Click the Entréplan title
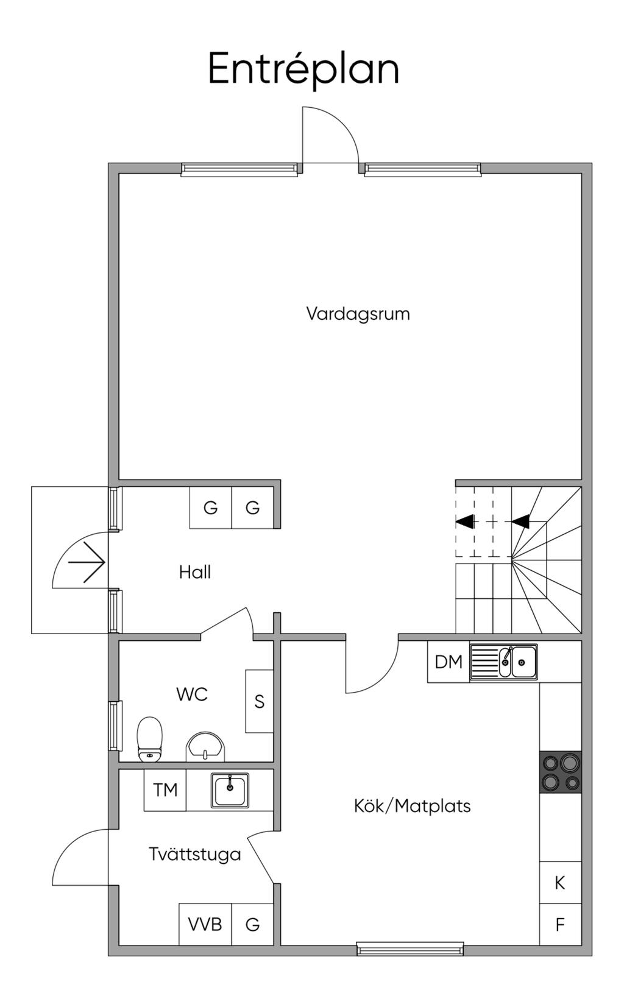[x=303, y=69]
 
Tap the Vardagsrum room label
[x=358, y=314]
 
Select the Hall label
[x=195, y=572]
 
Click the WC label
[x=192, y=694]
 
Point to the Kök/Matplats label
[x=412, y=806]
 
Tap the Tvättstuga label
[x=195, y=854]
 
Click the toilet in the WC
[x=150, y=738]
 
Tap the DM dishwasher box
[x=448, y=662]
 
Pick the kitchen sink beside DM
[x=504, y=662]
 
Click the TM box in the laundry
[x=165, y=790]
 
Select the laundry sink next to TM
[x=230, y=790]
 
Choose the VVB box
[x=205, y=924]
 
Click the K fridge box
[x=560, y=882]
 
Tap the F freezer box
[x=560, y=925]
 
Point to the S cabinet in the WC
[x=259, y=701]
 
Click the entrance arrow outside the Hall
[x=87, y=562]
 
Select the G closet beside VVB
[x=252, y=924]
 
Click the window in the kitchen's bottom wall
[x=410, y=949]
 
